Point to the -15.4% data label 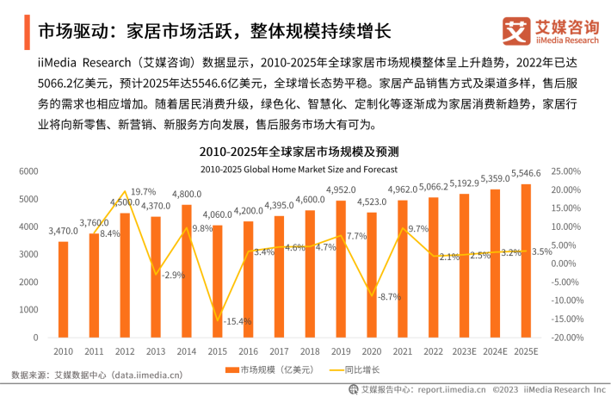click(x=237, y=321)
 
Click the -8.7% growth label click(x=390, y=297)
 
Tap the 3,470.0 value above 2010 click(x=63, y=232)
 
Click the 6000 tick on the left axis click(x=28, y=171)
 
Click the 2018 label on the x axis click(x=310, y=351)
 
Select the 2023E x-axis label click(x=464, y=351)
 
